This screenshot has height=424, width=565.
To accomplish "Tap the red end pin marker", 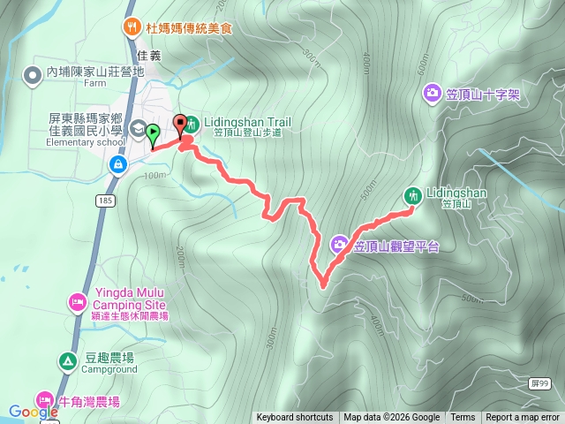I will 182,125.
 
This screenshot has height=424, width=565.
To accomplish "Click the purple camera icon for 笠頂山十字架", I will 432,92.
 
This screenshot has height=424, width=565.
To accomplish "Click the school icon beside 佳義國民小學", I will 138,129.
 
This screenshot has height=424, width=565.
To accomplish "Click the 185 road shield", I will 108,201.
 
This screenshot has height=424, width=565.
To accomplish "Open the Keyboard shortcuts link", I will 295,418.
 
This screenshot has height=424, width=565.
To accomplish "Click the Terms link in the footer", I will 463,418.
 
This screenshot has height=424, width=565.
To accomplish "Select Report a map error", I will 523,418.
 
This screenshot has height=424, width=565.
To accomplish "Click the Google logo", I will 33,411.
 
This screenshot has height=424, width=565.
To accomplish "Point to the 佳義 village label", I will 149,55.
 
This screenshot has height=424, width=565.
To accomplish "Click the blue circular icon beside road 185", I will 117,164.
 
